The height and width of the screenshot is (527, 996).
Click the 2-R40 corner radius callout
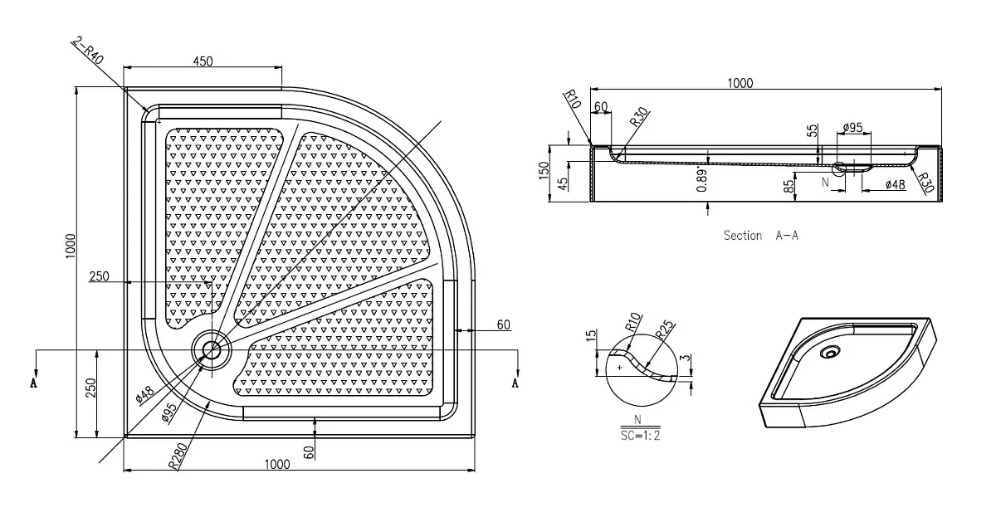pos(88,51)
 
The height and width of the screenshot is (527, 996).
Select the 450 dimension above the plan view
pos(203,61)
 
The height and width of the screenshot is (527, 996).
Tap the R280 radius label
pos(178,456)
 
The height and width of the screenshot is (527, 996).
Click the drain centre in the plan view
pos(212,350)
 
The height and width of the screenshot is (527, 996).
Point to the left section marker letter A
pos(34,383)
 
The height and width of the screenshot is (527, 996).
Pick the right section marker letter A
pos(515,383)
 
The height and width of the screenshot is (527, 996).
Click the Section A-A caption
pos(761,235)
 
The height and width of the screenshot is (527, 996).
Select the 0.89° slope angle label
pos(701,180)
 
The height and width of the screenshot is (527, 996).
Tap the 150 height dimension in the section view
pos(544,170)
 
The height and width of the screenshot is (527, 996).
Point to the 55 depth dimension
pos(812,130)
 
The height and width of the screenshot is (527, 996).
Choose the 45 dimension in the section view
pos(563,183)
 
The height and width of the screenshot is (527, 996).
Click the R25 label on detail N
pos(665,330)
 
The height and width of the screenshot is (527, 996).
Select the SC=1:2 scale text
pos(640,436)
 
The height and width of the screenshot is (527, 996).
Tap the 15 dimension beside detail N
pos(591,336)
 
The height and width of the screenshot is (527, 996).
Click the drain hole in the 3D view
pos(830,352)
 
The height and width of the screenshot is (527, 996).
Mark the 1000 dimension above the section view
pos(740,83)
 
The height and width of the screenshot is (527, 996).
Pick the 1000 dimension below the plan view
pos(277,464)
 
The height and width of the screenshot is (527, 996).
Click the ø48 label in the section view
pos(895,184)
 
